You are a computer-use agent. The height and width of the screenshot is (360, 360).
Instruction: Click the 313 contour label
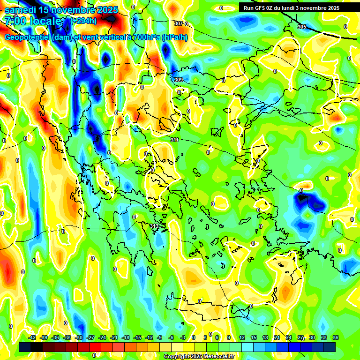pyautogui.click(x=154, y=226)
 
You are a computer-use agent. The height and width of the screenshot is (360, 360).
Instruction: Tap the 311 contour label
pyautogui.click(x=174, y=140)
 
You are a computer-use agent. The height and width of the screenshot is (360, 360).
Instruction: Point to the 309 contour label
pyautogui.click(x=178, y=80)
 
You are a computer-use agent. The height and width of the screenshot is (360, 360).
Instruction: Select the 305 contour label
pyautogui.click(x=302, y=27)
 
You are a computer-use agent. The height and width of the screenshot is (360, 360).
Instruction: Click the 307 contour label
pyautogui.click(x=178, y=23)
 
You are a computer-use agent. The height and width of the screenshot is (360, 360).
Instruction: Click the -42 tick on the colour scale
pyautogui.click(x=32, y=337)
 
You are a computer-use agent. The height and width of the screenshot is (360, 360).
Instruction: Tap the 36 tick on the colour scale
pyautogui.click(x=336, y=337)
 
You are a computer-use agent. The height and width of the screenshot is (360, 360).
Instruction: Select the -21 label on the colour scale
pyautogui.click(x=114, y=337)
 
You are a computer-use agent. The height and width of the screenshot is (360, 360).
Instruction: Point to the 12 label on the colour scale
pyautogui.click(x=242, y=337)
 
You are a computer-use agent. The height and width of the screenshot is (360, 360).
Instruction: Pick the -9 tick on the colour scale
pyautogui.click(x=159, y=337)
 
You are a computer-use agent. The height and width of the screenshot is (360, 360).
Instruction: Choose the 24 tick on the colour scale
pyautogui.click(x=289, y=337)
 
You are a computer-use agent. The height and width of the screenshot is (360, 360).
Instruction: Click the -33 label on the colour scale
pyautogui.click(x=67, y=337)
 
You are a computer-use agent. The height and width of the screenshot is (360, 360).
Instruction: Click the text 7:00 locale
pyautogui.click(x=33, y=21)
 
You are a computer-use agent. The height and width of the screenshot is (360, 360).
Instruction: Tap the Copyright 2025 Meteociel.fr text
pyautogui.click(x=198, y=357)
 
